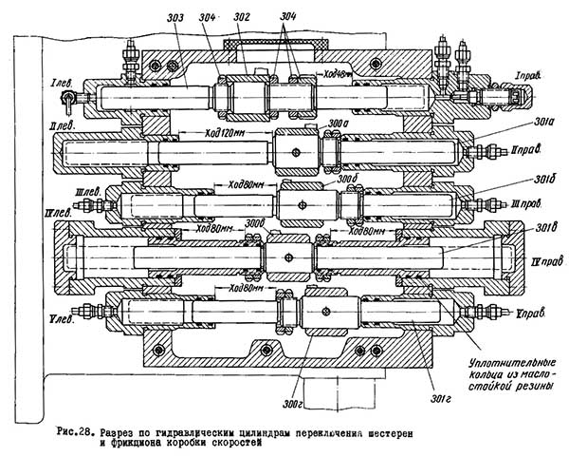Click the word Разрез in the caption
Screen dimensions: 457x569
click(123, 432)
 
